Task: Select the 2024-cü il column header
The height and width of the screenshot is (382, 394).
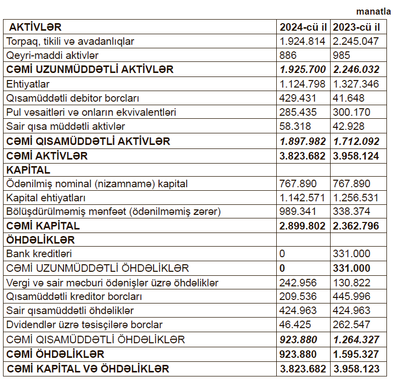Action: (x=303, y=27)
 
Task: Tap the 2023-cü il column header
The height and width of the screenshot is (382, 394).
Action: (x=356, y=27)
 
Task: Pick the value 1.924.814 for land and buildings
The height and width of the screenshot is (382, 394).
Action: (x=303, y=41)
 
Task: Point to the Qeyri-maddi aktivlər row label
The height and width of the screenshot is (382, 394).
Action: (x=52, y=55)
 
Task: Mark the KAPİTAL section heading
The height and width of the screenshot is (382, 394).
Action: (x=28, y=170)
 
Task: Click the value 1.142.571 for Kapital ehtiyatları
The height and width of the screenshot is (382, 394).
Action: (x=303, y=198)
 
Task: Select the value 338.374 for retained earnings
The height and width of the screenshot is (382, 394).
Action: (x=352, y=212)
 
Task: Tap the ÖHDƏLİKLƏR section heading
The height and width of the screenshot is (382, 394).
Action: (x=40, y=240)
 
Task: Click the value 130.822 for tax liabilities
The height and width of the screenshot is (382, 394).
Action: (x=352, y=283)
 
